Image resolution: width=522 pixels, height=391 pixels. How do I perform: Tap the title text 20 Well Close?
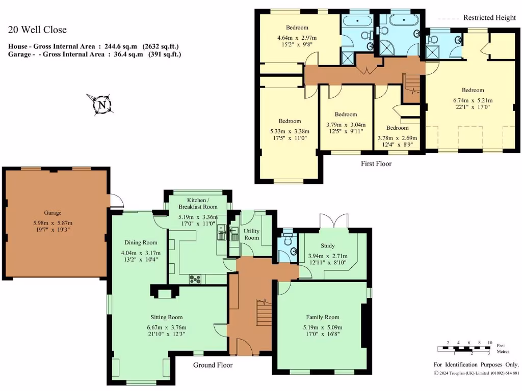[37, 30]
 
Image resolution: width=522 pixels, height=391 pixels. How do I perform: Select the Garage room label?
[53, 213]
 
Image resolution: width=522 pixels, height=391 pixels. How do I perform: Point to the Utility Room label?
[251, 235]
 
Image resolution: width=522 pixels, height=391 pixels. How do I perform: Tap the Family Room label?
[322, 317]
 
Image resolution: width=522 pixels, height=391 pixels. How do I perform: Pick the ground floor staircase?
[264, 312]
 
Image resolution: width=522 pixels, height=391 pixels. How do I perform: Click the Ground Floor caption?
[213, 365]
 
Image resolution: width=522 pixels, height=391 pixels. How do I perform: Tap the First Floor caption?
[376, 163]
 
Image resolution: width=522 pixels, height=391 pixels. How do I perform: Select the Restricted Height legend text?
[489, 18]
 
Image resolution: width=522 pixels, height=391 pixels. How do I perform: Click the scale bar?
[463, 349]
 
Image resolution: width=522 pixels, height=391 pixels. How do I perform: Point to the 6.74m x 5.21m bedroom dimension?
[473, 100]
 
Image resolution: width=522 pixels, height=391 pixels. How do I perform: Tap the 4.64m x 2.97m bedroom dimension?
[297, 38]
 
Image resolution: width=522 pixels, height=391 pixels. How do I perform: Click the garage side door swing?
[116, 201]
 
